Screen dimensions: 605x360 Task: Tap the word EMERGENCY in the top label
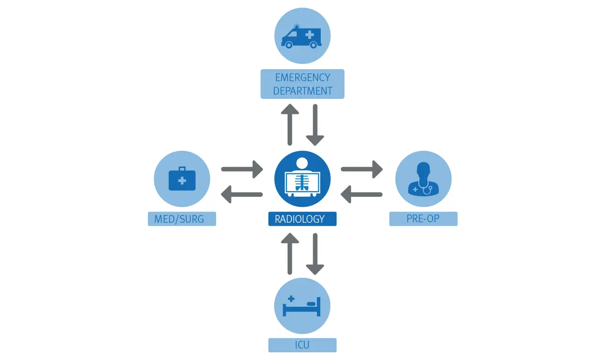[302, 78]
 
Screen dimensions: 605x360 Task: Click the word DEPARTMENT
[302, 91]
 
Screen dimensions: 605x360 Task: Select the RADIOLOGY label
[302, 219]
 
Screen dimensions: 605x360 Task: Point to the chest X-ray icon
[302, 177]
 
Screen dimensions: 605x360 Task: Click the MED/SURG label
[182, 219]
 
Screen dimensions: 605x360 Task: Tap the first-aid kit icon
[182, 179]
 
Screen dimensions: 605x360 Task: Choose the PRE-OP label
[423, 219]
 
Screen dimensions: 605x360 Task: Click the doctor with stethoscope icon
[423, 178]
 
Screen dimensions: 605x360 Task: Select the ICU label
[302, 345]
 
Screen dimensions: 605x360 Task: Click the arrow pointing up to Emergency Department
[290, 125]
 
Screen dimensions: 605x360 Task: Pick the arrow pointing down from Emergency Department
[315, 125]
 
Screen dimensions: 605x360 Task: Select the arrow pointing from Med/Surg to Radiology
[242, 169]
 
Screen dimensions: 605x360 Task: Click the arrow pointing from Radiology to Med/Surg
[242, 194]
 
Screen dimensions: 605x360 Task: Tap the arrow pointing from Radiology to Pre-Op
[362, 169]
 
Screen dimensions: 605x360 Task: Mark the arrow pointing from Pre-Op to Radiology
[362, 194]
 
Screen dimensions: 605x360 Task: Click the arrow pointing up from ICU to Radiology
[290, 254]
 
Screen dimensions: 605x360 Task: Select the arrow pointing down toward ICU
[315, 254]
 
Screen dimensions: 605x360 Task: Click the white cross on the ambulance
[310, 35]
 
